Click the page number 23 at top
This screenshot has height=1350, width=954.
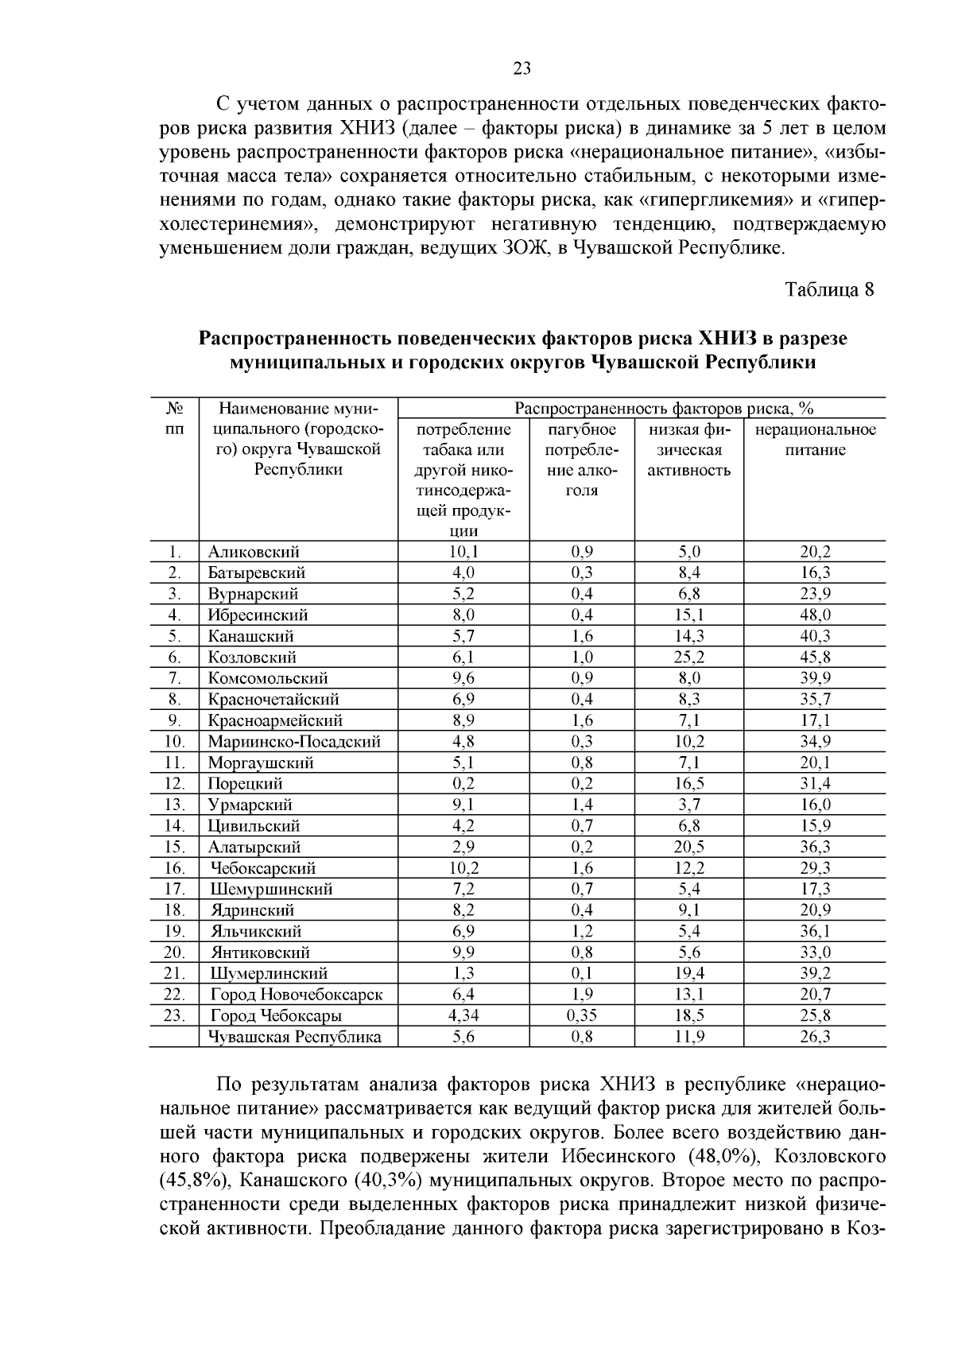(522, 69)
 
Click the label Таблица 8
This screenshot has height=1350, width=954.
(829, 289)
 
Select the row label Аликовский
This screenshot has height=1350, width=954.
(254, 552)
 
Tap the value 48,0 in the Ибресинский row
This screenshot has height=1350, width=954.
(815, 615)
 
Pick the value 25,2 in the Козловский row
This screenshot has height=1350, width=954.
(688, 658)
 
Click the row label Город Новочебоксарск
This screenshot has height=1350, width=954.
(297, 995)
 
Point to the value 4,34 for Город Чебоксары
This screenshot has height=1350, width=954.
(463, 1015)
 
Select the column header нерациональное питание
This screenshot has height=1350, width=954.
(815, 440)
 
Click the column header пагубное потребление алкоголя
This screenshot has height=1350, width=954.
(582, 460)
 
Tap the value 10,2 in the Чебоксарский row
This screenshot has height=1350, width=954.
(463, 868)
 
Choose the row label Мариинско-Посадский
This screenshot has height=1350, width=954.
(294, 742)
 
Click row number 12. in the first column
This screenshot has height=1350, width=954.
(174, 784)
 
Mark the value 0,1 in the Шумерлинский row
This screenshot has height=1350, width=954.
(582, 973)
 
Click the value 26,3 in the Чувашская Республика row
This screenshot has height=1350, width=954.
(815, 1037)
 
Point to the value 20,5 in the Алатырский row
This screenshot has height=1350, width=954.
(688, 847)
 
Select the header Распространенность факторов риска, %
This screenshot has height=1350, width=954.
(664, 409)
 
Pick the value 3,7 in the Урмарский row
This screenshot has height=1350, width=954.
(688, 805)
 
